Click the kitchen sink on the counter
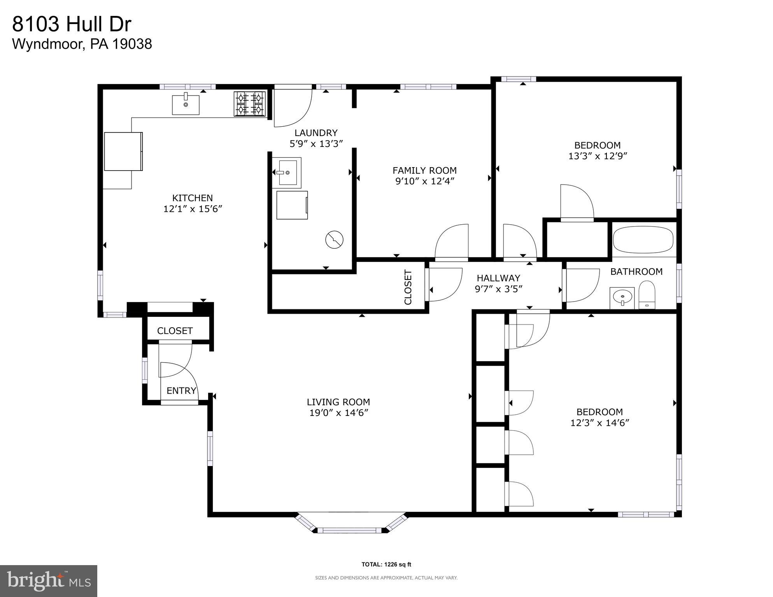pyautogui.click(x=186, y=104)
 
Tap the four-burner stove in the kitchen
pyautogui.click(x=249, y=104)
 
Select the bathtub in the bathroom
pyautogui.click(x=643, y=240)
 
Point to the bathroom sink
pyautogui.click(x=622, y=298)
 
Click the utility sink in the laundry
pyautogui.click(x=287, y=173)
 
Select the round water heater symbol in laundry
pyautogui.click(x=334, y=240)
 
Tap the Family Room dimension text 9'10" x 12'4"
pyautogui.click(x=424, y=181)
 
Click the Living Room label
pyautogui.click(x=338, y=402)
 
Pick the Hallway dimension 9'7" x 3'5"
pyautogui.click(x=498, y=289)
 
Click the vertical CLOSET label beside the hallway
pyautogui.click(x=408, y=287)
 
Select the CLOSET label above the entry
pyautogui.click(x=175, y=331)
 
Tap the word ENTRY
pyautogui.click(x=181, y=391)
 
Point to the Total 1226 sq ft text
pyautogui.click(x=386, y=564)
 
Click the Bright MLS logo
pyautogui.click(x=48, y=581)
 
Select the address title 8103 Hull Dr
pyautogui.click(x=72, y=24)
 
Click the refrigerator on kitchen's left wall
pyautogui.click(x=123, y=151)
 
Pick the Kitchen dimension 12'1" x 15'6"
pyautogui.click(x=192, y=209)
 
